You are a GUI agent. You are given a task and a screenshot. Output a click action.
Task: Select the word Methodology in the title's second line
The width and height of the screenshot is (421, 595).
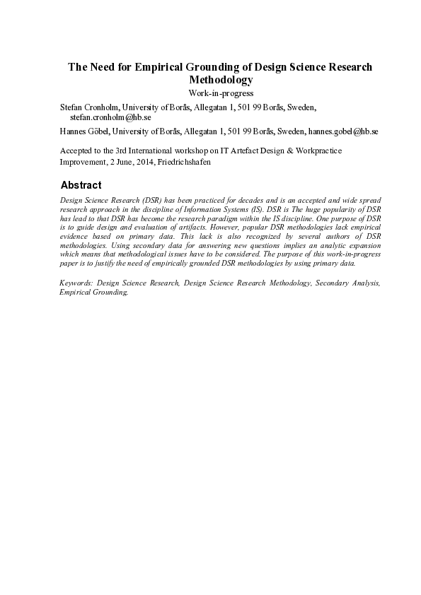click(220, 80)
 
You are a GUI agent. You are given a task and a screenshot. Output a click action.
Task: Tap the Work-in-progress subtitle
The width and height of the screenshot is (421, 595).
click(220, 93)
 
